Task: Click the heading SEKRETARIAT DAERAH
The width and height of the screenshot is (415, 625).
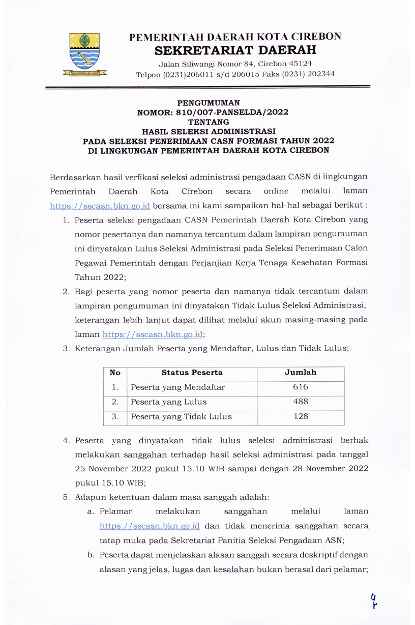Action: [235, 50]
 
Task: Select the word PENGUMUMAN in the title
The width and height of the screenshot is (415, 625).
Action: [209, 103]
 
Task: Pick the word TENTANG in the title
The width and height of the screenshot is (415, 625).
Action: [209, 122]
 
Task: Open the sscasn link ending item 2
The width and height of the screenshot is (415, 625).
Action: [153, 334]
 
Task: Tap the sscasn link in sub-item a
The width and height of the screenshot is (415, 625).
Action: [150, 525]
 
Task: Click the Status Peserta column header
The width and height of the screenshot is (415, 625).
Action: [192, 373]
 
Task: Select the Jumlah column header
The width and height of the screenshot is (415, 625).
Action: [300, 373]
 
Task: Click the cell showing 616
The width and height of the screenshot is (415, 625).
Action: [300, 387]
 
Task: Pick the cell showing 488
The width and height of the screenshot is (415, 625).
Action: [300, 402]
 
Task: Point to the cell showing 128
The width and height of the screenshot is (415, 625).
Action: [300, 417]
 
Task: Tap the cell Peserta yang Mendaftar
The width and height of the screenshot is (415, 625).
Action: [177, 387]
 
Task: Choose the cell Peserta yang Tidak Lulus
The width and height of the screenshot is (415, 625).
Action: [181, 417]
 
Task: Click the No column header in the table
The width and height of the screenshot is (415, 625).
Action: [115, 373]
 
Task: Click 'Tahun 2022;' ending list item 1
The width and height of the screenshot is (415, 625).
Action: [100, 277]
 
